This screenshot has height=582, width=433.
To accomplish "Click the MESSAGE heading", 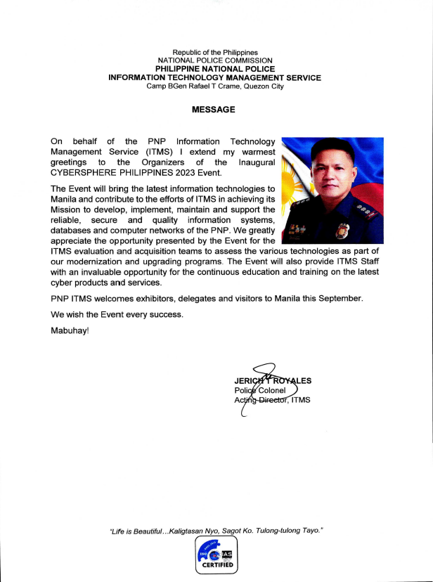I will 214,110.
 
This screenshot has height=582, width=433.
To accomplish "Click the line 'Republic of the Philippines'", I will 215,53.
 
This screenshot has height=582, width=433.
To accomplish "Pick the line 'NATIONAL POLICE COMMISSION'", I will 215,61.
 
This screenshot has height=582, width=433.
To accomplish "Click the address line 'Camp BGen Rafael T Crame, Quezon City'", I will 215,86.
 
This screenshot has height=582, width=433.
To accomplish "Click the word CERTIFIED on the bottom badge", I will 217,564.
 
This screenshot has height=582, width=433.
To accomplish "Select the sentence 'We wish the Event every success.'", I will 117,314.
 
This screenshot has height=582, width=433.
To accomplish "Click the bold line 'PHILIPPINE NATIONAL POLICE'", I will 215,70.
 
